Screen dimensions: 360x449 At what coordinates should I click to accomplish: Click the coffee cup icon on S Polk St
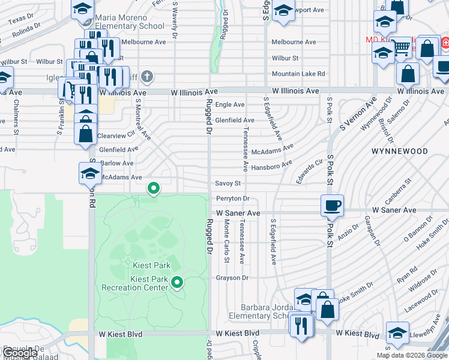click(332, 205)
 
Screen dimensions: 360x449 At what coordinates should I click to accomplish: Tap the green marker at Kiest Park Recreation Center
click(176, 281)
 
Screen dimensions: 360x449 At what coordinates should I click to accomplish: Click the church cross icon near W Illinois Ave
click(148, 76)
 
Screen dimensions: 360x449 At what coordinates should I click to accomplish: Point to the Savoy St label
click(228, 184)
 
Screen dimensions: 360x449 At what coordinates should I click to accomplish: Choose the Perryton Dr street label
click(232, 199)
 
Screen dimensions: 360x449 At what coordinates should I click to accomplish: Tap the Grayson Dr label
click(232, 278)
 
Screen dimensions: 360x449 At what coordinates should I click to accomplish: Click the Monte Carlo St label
click(226, 240)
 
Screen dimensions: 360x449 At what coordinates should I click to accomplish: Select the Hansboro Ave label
click(272, 166)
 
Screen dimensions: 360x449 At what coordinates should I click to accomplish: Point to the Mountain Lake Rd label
click(298, 74)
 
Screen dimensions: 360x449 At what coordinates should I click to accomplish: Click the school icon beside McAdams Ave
click(89, 173)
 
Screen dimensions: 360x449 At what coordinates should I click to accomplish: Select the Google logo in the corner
click(20, 353)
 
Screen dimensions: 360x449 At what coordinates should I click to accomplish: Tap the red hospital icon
click(445, 44)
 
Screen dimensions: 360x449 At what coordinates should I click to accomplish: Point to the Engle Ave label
click(230, 104)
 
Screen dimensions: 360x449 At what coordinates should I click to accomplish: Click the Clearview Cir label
click(116, 136)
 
